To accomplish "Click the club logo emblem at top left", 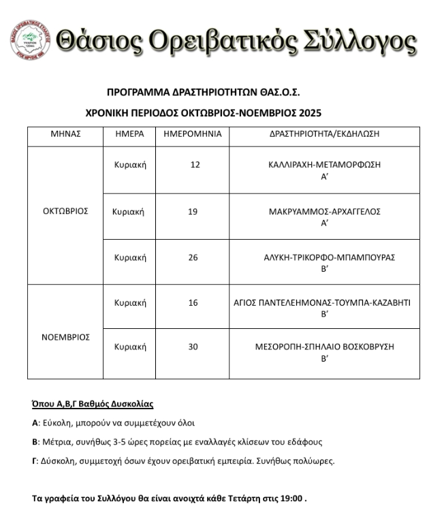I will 30,40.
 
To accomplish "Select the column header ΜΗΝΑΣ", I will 65,134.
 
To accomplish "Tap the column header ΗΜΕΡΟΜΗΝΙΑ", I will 193,134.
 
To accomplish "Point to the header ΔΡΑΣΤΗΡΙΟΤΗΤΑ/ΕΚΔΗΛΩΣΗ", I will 324,134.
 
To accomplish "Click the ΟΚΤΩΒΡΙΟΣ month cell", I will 65,211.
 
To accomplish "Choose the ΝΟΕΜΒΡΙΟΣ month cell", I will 65,337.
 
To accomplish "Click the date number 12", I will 195,165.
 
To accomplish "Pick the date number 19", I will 193,212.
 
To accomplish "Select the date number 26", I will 193,257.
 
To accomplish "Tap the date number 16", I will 193,302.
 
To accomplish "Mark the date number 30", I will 193,347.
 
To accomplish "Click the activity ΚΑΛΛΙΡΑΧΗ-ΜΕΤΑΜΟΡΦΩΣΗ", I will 324,165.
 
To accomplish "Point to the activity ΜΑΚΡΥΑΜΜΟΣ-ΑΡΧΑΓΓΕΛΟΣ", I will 324,212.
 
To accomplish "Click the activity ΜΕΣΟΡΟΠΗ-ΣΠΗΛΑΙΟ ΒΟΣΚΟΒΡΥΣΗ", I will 324,347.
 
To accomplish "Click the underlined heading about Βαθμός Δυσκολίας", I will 93,404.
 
